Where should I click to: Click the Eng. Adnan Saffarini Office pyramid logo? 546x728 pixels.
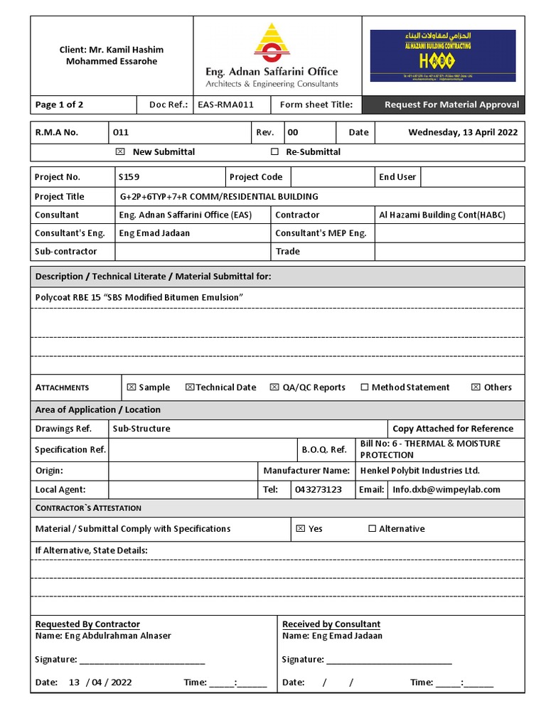tap(271, 43)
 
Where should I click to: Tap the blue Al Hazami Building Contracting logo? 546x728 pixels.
tap(443, 55)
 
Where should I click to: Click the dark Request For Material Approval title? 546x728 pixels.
tap(451, 105)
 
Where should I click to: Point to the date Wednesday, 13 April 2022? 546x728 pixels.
tap(463, 132)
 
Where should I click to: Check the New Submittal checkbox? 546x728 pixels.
tap(119, 151)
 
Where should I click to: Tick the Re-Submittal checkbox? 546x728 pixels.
tap(275, 151)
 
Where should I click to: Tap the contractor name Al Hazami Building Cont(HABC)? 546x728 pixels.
tap(441, 215)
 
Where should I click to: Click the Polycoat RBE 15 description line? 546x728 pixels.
tap(139, 297)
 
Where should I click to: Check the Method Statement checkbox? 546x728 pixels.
tap(365, 387)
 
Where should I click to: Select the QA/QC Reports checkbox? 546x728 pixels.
tap(274, 387)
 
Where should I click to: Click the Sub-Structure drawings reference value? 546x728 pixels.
tap(141, 429)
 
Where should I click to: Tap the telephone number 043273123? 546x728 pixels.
tap(318, 490)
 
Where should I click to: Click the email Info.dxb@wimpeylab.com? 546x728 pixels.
tap(446, 490)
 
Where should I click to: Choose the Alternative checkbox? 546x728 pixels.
tap(372, 529)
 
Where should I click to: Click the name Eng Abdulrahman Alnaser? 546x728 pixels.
tap(103, 636)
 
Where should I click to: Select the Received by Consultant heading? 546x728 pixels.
tap(331, 624)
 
